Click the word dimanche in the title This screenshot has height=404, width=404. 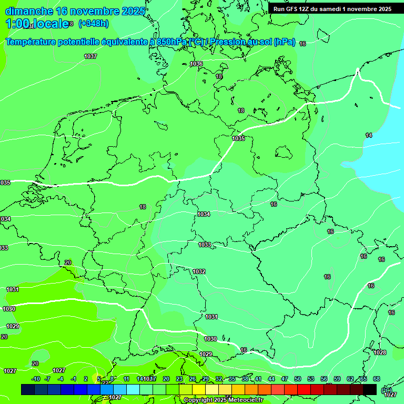(x=29, y=11)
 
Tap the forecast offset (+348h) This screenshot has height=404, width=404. (x=93, y=24)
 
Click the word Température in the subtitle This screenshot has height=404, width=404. (x=35, y=42)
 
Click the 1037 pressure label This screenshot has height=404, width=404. (x=90, y=56)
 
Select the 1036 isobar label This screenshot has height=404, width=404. (x=196, y=64)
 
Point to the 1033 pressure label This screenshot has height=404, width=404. (x=205, y=245)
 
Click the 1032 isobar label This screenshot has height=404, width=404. (x=199, y=271)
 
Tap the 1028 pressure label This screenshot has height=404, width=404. (x=380, y=352)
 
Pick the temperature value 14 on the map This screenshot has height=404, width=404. (x=369, y=135)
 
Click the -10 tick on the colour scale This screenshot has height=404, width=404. (x=36, y=379)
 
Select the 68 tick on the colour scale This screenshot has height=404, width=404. (x=377, y=379)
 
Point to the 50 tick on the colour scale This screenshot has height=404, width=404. (x=298, y=379)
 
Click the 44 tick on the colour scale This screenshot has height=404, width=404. (x=271, y=379)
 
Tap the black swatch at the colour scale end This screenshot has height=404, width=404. (x=370, y=389)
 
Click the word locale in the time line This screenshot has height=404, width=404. (x=51, y=24)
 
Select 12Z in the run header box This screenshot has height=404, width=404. (x=304, y=9)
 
